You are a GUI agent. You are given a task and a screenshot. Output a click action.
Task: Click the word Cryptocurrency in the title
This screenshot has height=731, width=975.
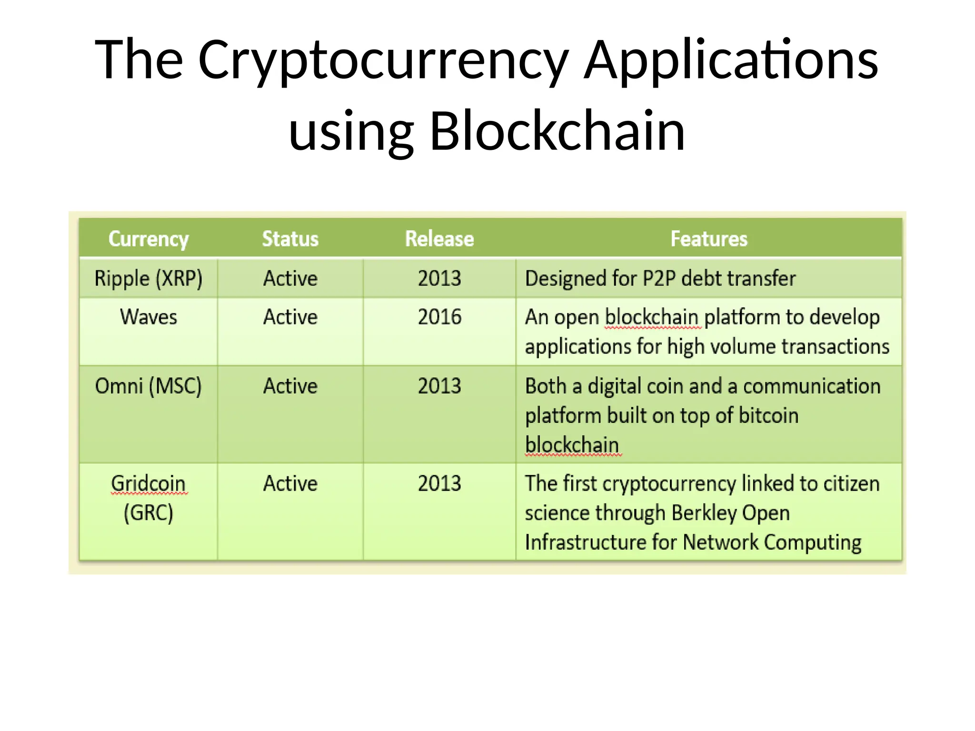(x=383, y=61)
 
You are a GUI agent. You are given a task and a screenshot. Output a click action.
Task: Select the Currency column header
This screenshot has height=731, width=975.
(x=149, y=239)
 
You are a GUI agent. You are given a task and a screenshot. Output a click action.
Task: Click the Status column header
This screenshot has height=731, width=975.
(x=290, y=239)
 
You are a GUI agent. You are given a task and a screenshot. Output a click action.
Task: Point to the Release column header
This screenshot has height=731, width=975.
(x=439, y=239)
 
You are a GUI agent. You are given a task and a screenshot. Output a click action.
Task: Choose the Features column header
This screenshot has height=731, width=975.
(x=708, y=239)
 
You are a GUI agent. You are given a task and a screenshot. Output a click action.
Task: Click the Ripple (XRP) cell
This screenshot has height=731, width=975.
(x=149, y=278)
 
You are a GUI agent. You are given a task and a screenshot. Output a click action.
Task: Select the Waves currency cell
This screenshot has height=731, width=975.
(x=149, y=317)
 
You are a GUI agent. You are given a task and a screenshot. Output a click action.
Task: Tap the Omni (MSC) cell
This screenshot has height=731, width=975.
(x=149, y=386)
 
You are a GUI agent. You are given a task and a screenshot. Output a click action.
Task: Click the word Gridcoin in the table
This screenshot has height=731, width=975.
(x=149, y=484)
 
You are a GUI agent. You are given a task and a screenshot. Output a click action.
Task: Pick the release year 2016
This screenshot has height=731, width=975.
(x=439, y=317)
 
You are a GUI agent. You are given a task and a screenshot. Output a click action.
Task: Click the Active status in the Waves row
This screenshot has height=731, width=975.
(x=290, y=317)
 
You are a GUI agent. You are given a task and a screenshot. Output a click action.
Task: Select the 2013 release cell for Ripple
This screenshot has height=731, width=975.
(x=439, y=278)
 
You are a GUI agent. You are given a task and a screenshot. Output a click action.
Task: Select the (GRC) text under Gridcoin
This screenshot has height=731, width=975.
(x=149, y=513)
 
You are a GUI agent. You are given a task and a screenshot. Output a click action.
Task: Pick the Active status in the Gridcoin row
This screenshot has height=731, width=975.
(x=290, y=484)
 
